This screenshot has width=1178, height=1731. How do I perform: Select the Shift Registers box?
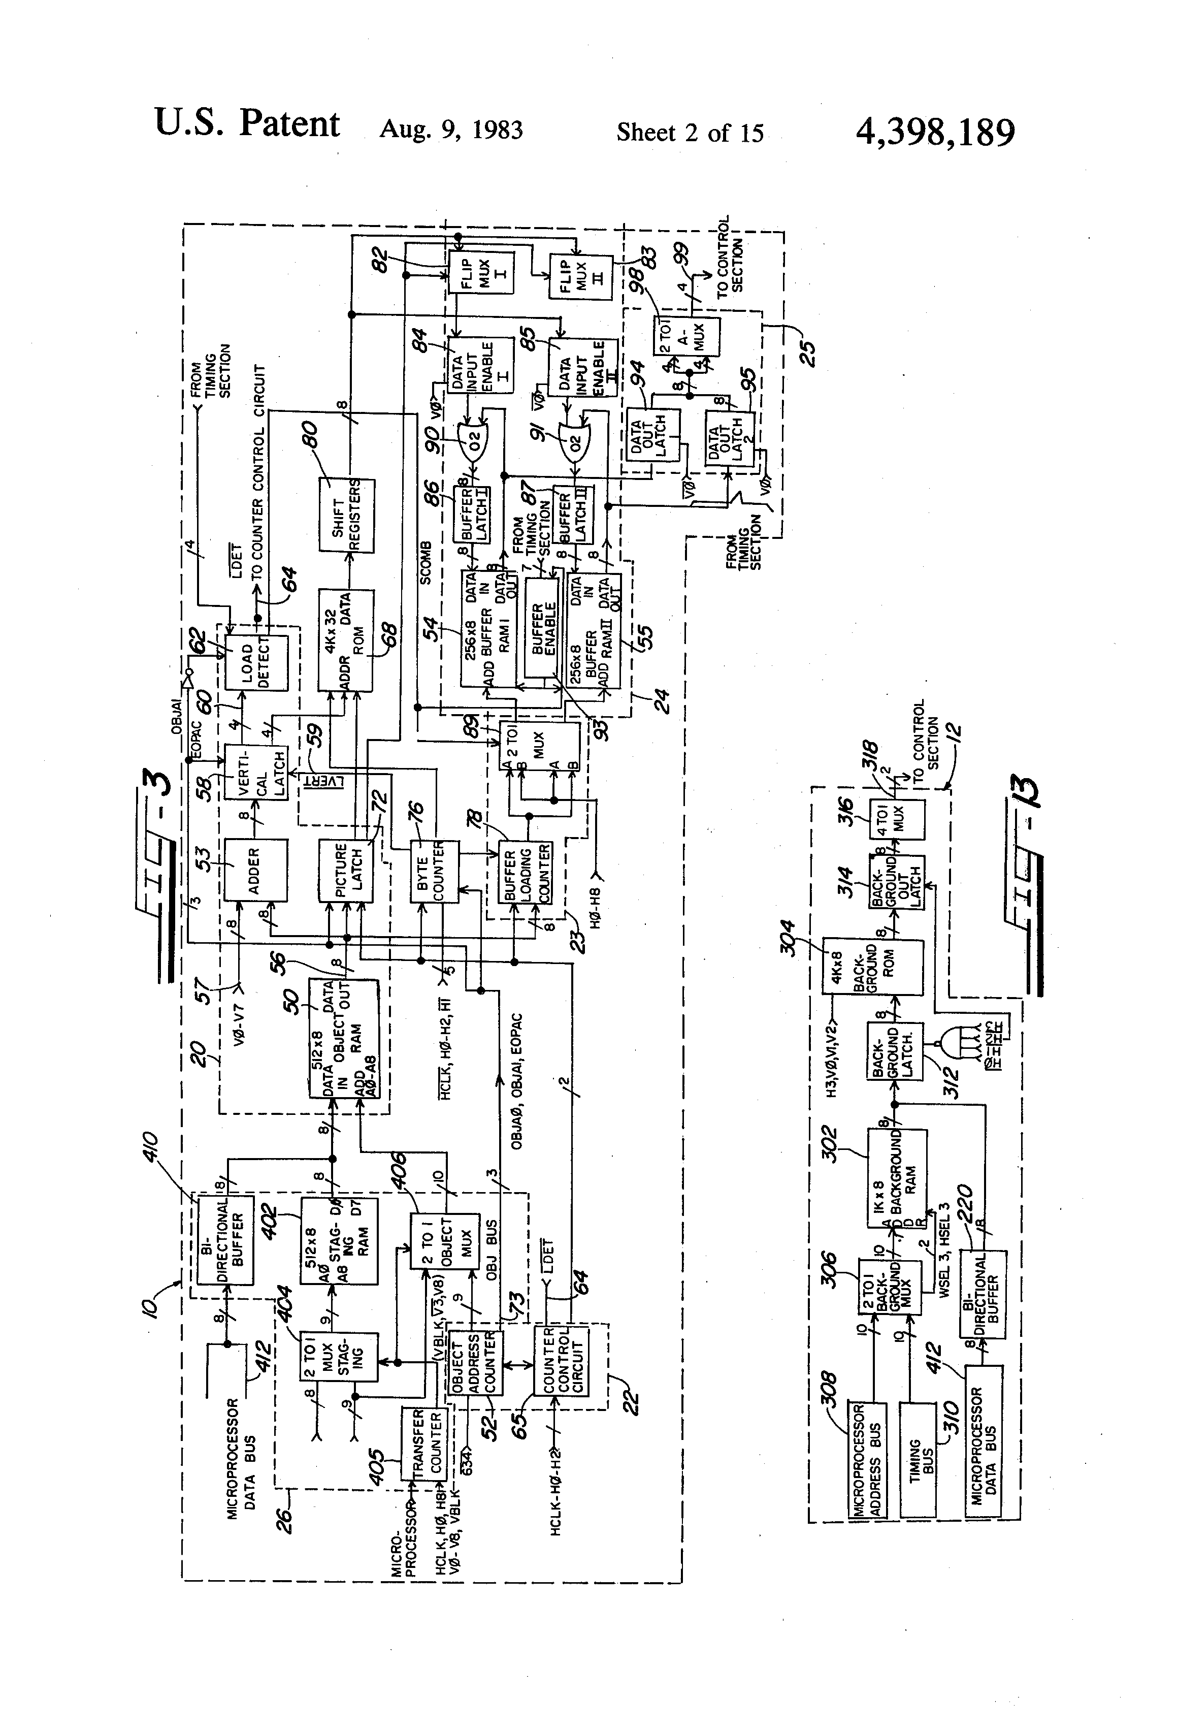347,516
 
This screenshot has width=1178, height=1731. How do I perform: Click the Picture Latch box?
345,871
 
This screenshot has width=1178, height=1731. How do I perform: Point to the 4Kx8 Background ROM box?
872,967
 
